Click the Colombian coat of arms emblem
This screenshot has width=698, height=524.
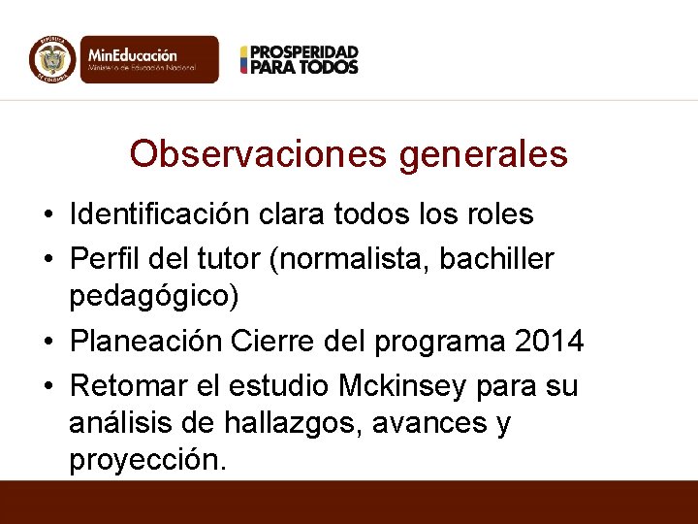(52, 59)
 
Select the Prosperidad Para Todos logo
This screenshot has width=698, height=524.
(300, 59)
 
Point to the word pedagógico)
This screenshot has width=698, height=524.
(153, 296)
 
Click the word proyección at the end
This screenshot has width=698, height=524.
(145, 460)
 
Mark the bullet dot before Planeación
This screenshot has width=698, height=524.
(48, 343)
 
